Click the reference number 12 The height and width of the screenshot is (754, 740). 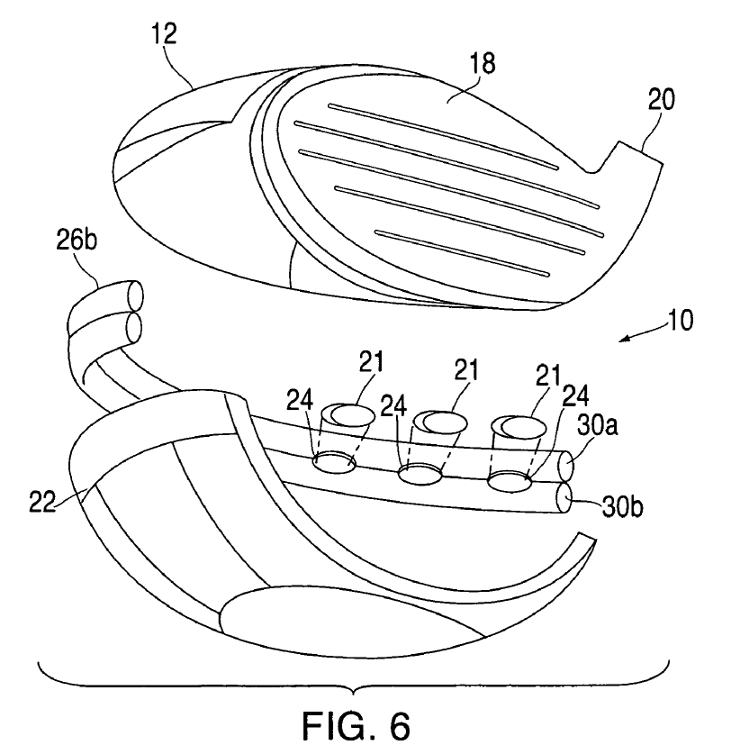point(165,33)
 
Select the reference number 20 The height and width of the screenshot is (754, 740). point(661,99)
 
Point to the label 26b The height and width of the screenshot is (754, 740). point(77,239)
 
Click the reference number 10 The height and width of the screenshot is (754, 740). point(680,320)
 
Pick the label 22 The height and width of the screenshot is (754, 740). point(42,502)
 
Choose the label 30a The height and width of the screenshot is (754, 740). point(597,425)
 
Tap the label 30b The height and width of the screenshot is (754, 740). point(622,507)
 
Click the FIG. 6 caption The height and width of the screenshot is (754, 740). point(356,725)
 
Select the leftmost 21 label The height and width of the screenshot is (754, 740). point(371,361)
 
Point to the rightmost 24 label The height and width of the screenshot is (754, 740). point(575,395)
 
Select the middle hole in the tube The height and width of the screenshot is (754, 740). point(420,474)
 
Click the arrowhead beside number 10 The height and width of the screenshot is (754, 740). point(624,340)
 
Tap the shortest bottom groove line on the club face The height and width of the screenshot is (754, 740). point(462,253)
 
